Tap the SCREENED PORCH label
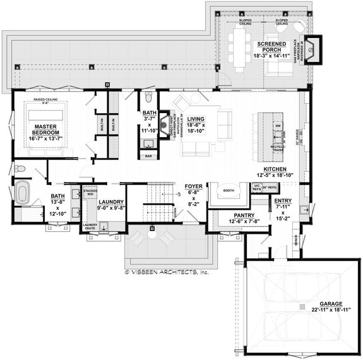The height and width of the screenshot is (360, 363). point(272,44)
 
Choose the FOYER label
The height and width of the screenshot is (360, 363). point(193,187)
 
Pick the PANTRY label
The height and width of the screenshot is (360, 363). point(226,215)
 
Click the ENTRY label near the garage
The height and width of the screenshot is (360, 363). point(282,201)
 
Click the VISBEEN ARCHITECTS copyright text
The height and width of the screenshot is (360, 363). point(167,272)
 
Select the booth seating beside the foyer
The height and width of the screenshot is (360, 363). point(227,191)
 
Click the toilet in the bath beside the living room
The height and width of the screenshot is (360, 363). point(147,97)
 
